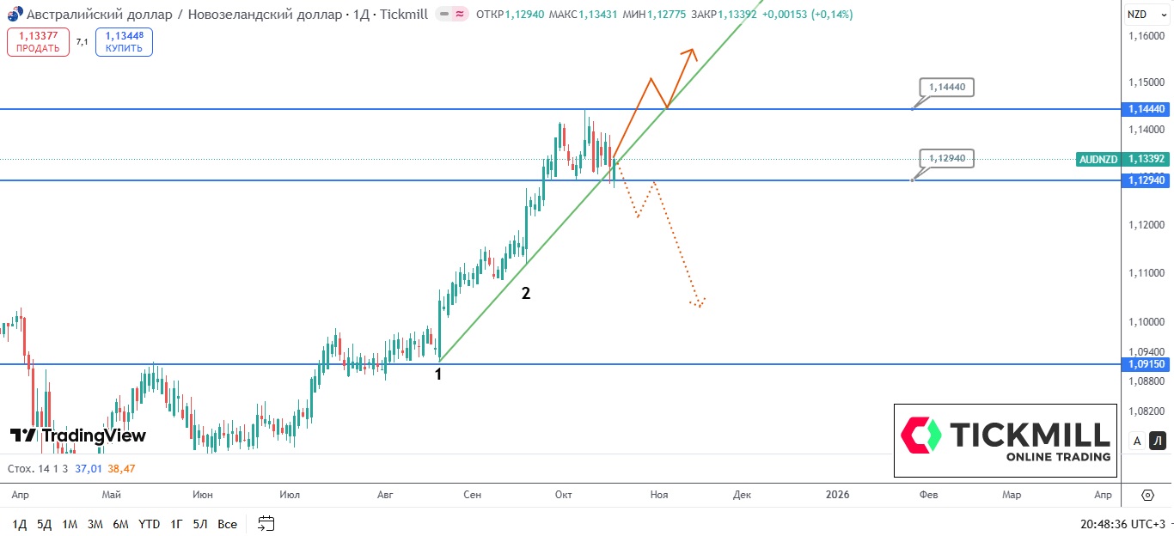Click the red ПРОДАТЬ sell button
(x=38, y=42)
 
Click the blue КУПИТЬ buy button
(x=124, y=42)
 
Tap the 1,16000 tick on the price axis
(x=1146, y=36)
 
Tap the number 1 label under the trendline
(x=438, y=375)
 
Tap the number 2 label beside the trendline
(x=526, y=294)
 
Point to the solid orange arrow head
(x=690, y=53)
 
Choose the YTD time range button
(x=149, y=524)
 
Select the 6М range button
(x=120, y=524)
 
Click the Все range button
(x=227, y=524)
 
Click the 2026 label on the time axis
(x=836, y=495)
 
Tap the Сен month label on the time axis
(x=472, y=495)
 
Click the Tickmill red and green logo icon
(x=920, y=435)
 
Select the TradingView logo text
(x=78, y=435)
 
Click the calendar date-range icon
(x=266, y=524)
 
